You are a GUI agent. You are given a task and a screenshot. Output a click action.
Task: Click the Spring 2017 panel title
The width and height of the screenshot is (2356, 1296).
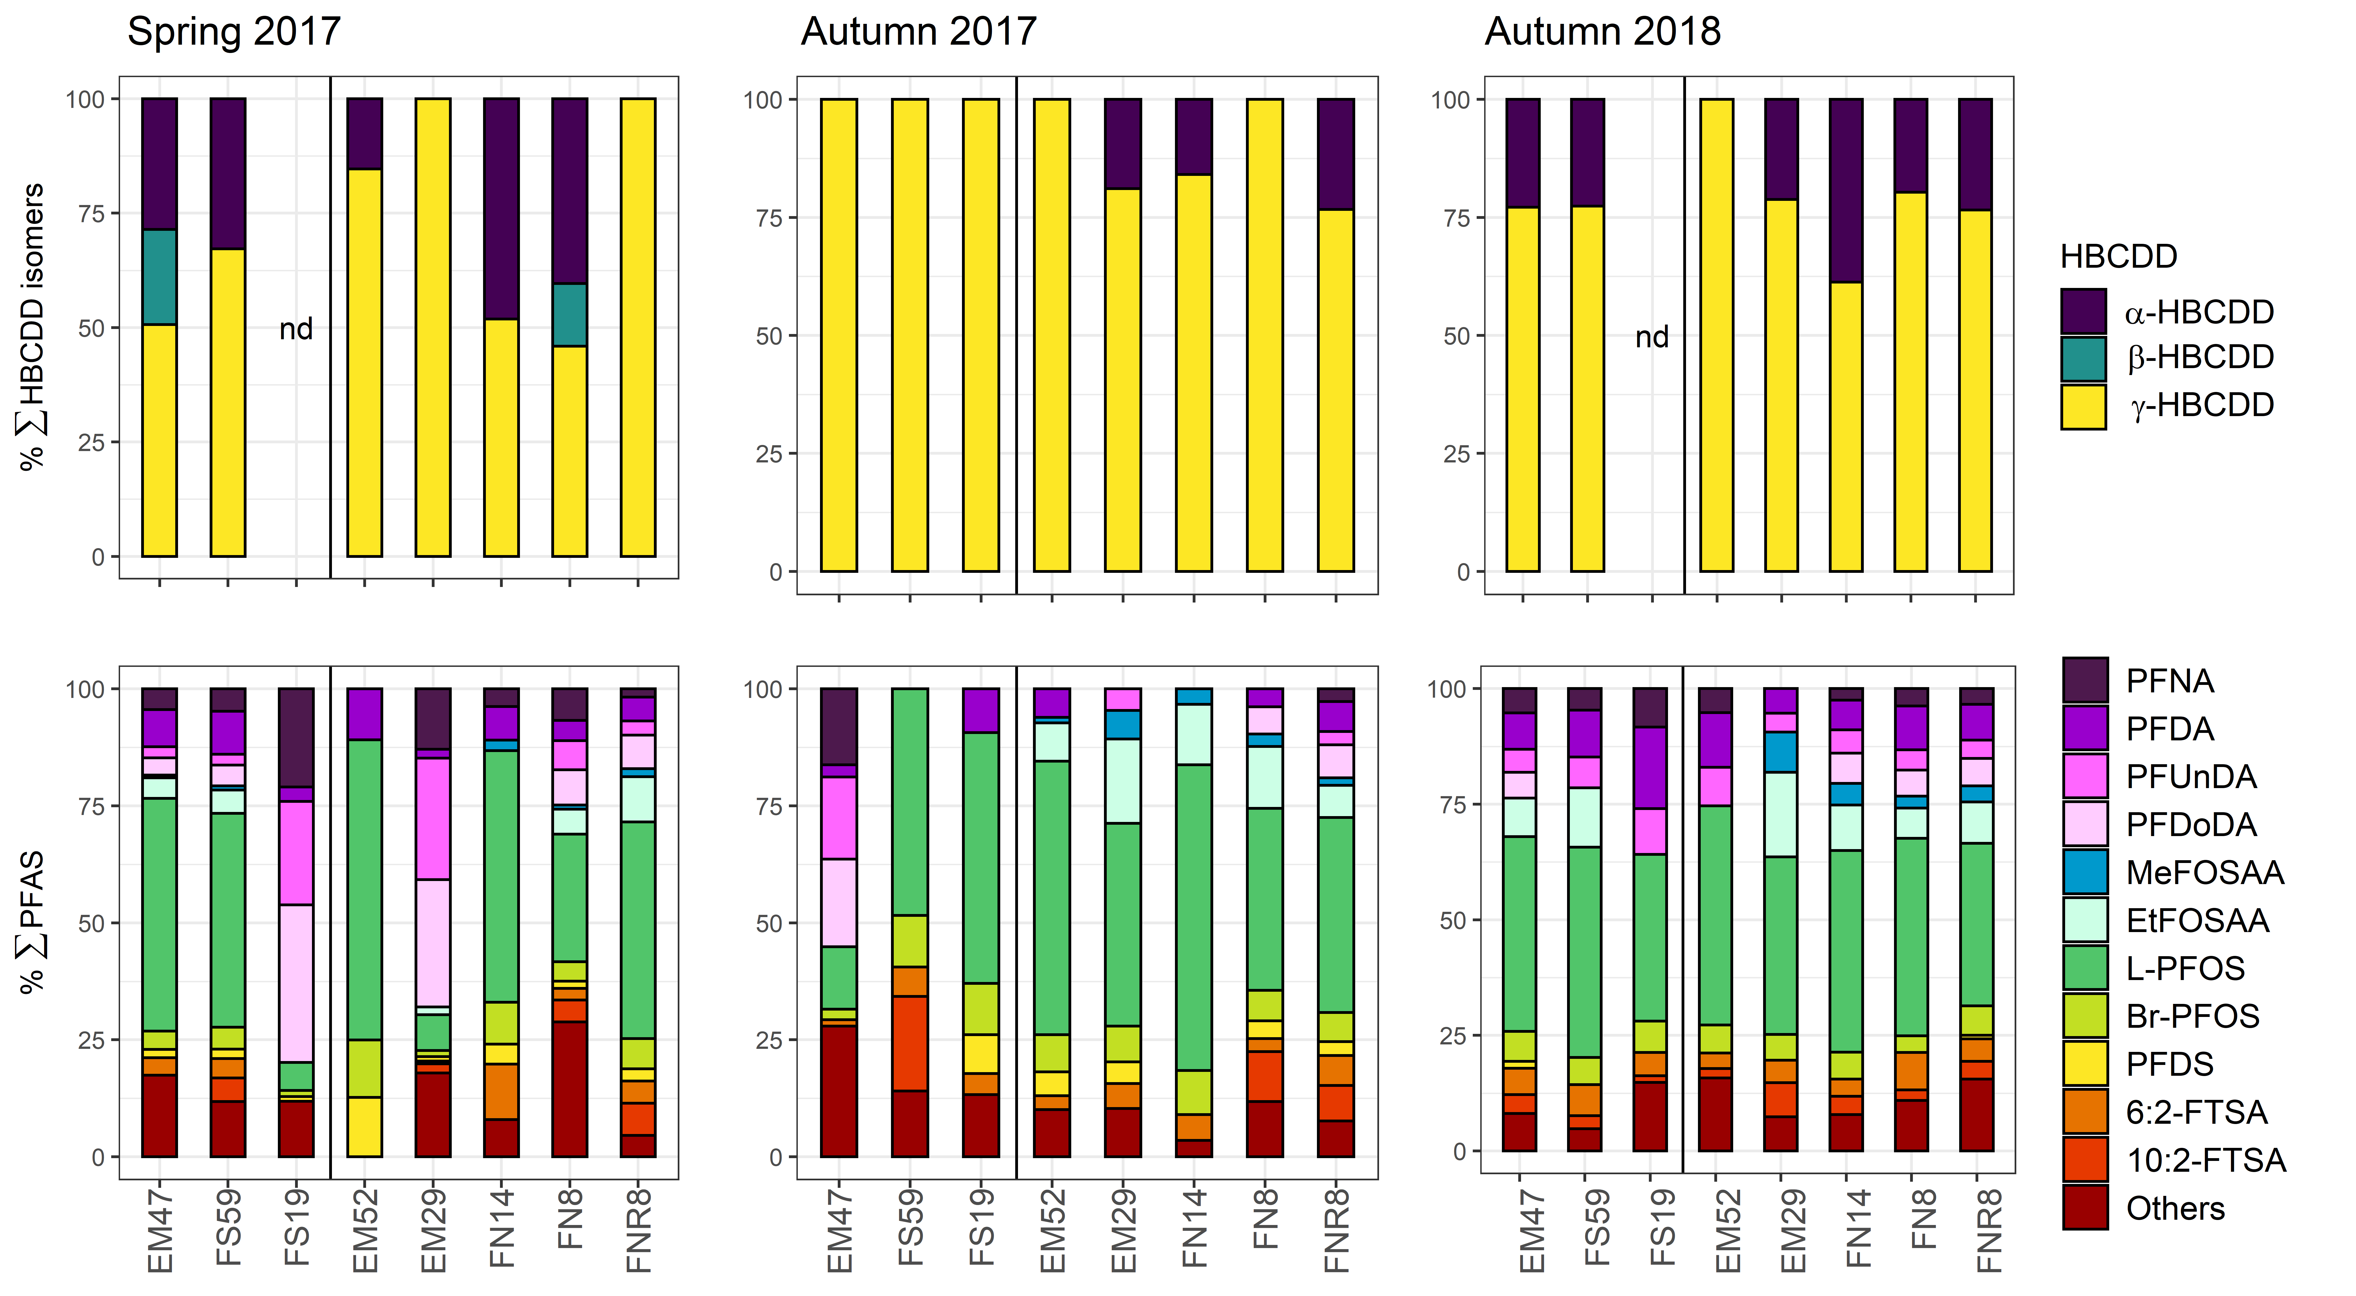tap(234, 32)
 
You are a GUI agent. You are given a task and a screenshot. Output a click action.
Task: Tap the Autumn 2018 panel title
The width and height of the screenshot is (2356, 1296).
tap(1602, 32)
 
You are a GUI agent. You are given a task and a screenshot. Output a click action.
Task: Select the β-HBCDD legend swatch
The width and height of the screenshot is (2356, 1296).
tap(2083, 358)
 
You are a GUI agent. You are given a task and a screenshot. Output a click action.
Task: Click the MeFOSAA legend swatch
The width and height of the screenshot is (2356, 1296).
tap(2085, 872)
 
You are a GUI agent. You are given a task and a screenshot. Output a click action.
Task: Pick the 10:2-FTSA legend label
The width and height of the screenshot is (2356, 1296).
tap(2206, 1160)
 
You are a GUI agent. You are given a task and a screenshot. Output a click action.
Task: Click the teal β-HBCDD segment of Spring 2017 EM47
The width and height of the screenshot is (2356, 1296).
tap(159, 277)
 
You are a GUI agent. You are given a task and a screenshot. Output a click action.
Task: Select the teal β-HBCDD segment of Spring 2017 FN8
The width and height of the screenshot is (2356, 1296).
tap(570, 315)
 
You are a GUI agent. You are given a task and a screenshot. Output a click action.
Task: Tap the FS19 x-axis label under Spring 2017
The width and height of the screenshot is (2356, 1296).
tap(296, 1226)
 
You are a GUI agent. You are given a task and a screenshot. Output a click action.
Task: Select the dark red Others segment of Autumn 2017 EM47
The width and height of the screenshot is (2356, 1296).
tap(839, 1091)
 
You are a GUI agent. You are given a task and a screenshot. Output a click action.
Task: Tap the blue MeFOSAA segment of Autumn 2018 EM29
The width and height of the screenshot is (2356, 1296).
tap(1781, 752)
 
